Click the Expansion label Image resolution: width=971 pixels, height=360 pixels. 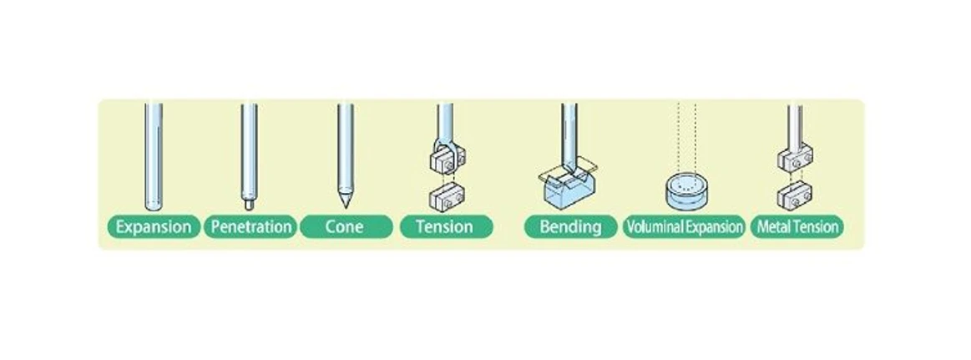pyautogui.click(x=154, y=226)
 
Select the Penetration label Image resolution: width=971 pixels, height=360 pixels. pyautogui.click(x=251, y=226)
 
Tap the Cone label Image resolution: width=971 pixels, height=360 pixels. pyautogui.click(x=345, y=226)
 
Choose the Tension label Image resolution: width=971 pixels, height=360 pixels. pyautogui.click(x=445, y=226)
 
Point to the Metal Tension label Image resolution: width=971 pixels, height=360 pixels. pyautogui.click(x=797, y=226)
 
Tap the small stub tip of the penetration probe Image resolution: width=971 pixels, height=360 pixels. pyautogui.click(x=248, y=201)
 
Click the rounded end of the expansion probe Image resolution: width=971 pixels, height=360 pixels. pyautogui.click(x=153, y=205)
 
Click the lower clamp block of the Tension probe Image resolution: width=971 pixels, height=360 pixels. pyautogui.click(x=444, y=197)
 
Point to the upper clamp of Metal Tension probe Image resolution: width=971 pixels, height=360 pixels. pyautogui.click(x=794, y=160)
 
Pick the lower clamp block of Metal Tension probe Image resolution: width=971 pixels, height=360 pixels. pyautogui.click(x=794, y=197)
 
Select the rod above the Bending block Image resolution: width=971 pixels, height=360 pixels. pyautogui.click(x=569, y=129)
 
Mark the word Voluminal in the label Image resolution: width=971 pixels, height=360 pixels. pyautogui.click(x=655, y=226)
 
